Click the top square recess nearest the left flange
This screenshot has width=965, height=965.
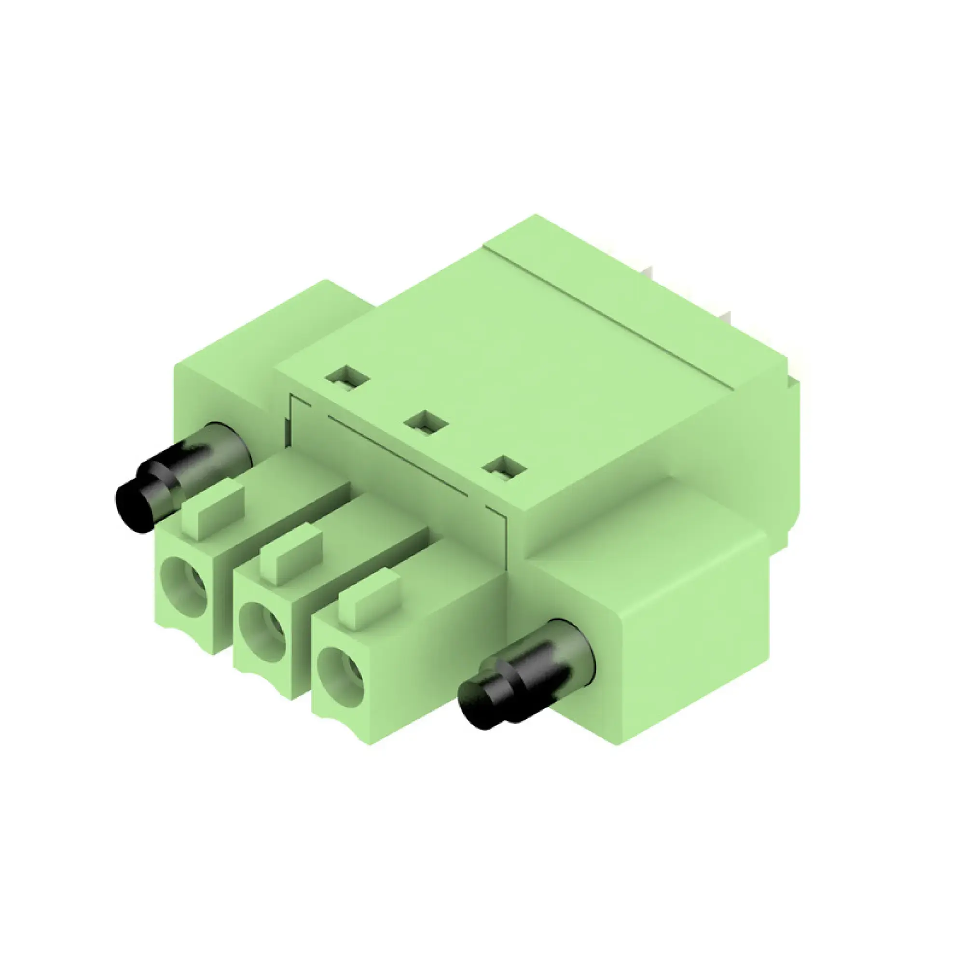(347, 379)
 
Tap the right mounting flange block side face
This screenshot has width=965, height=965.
(694, 649)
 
